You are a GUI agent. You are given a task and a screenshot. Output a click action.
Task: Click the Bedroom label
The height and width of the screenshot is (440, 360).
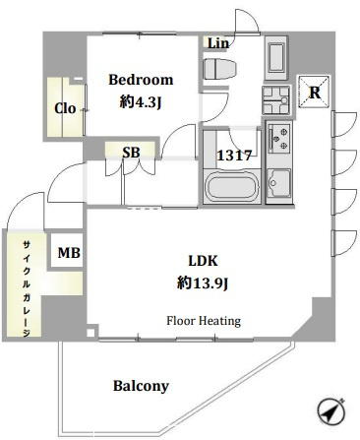click(x=141, y=80)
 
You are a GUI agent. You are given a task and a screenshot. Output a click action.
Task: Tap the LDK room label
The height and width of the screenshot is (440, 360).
click(x=203, y=261)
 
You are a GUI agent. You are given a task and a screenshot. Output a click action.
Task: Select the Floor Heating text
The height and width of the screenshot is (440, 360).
click(x=204, y=321)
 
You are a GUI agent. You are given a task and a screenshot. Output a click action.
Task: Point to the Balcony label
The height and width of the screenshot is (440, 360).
click(x=141, y=386)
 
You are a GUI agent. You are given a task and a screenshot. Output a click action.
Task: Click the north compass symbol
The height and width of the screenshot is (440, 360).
click(x=331, y=411)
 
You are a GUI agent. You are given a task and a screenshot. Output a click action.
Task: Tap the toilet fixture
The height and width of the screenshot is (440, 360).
click(x=219, y=69)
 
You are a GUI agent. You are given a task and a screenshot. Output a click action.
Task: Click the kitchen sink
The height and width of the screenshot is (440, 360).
click(x=278, y=183)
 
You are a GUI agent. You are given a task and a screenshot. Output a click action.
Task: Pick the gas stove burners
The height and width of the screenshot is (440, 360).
click(x=279, y=138)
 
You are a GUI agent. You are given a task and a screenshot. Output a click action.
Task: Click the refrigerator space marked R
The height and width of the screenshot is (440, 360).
click(x=314, y=93)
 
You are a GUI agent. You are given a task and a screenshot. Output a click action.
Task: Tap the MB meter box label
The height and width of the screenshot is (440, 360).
click(x=69, y=253)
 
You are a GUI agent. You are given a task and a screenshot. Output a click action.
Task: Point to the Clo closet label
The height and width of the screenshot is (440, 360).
click(x=65, y=108)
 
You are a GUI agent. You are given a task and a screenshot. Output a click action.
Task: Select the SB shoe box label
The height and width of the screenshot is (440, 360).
click(x=131, y=153)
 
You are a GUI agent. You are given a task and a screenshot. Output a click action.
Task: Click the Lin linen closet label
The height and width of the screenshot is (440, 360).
click(x=218, y=43)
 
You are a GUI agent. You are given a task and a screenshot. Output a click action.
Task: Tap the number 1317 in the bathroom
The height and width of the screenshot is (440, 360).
click(x=234, y=156)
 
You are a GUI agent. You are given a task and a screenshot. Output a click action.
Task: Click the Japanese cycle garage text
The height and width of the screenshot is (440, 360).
click(x=27, y=288)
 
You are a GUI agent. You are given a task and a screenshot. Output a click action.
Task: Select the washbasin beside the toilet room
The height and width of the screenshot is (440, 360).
click(x=275, y=100)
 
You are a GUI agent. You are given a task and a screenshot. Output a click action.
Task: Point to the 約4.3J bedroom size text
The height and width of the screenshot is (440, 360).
click(x=141, y=102)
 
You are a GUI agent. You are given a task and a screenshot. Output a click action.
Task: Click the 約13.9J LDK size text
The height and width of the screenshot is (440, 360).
click(x=203, y=283)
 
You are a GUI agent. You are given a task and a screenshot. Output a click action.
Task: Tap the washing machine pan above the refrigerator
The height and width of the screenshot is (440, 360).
click(x=275, y=58)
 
